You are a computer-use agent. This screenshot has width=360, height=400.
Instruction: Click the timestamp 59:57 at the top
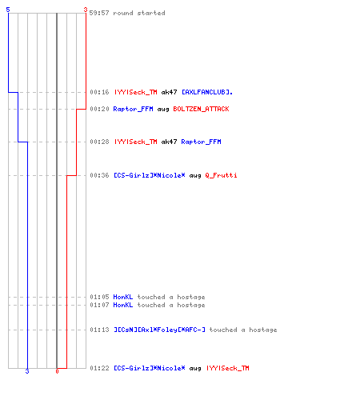coord(99,13)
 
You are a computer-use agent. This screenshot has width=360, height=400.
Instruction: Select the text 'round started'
coord(139,13)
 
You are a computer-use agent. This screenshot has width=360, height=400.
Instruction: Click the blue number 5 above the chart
coord(8,10)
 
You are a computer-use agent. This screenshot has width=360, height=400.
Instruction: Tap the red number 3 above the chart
coord(86,10)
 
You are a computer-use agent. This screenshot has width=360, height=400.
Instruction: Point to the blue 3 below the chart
coord(27,371)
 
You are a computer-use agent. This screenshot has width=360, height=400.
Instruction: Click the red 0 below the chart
coord(57,371)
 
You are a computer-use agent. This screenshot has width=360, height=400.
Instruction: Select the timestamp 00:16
coord(99,92)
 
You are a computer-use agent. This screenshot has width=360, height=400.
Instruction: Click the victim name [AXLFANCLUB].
coord(207,92)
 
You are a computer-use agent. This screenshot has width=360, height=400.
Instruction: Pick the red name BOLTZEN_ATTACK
coord(201,109)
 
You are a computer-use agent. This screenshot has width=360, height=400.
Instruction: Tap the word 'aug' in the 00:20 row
coord(163,110)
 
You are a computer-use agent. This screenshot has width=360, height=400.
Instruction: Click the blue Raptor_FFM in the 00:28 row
coord(201,142)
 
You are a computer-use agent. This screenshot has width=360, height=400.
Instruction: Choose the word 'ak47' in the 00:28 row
coord(169,142)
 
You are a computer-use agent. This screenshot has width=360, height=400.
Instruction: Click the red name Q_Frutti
coord(221,175)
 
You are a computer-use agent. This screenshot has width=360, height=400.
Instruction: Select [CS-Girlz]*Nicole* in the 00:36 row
coord(150,175)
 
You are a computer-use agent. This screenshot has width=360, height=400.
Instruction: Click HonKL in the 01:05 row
coord(123,297)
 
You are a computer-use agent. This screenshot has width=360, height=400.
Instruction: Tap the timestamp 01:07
coord(99,305)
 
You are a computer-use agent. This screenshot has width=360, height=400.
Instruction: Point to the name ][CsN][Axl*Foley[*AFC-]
coord(159,330)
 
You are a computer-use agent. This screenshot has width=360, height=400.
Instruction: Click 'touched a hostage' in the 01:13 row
coord(243,330)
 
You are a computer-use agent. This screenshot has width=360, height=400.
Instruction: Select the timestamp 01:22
coord(99,368)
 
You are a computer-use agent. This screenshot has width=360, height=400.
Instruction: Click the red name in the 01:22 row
coord(228,368)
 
